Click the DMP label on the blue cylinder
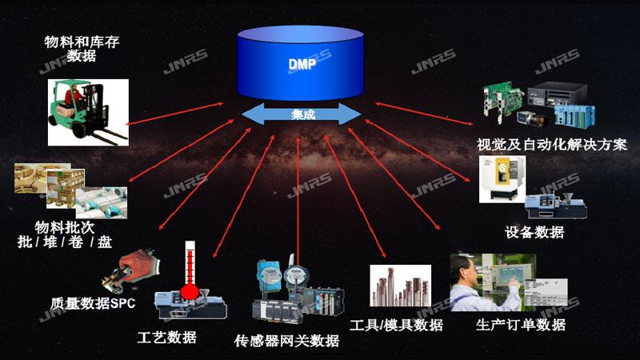coord(302,63)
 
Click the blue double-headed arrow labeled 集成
coord(302,114)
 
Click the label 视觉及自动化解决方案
coord(551,145)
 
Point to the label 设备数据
coord(534,232)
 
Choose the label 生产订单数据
coord(520,324)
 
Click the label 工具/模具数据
coord(397,325)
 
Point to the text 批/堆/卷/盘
coord(65,241)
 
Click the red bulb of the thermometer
coord(190,291)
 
